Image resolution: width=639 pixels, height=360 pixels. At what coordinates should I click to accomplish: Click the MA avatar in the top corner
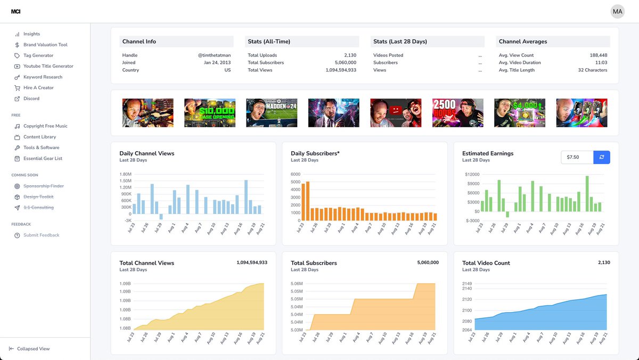[x=617, y=11]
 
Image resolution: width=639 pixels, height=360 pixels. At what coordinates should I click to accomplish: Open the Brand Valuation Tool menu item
[x=45, y=45]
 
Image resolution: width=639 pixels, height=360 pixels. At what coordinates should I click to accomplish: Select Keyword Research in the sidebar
[x=43, y=77]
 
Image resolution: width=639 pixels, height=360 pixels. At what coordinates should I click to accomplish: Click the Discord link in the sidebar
[x=31, y=99]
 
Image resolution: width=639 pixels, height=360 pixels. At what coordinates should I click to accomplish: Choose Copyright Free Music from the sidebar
[x=45, y=126]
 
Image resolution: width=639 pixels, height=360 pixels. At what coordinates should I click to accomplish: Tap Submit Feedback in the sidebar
[x=41, y=235]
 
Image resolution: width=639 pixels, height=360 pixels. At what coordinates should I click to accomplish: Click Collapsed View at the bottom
[x=33, y=349]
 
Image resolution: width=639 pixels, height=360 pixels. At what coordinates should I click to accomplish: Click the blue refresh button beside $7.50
[x=602, y=158]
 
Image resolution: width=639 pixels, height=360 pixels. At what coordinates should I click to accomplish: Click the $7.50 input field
[x=577, y=158]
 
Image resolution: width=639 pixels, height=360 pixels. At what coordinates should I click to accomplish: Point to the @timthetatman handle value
[x=214, y=55]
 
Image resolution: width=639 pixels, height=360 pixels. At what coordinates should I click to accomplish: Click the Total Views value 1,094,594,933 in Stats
[x=341, y=70]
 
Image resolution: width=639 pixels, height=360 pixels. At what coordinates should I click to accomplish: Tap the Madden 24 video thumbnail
[x=272, y=112]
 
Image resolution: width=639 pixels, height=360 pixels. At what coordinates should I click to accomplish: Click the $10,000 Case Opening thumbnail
[x=210, y=112]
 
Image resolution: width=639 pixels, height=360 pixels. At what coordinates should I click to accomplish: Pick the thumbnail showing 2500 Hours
[x=457, y=112]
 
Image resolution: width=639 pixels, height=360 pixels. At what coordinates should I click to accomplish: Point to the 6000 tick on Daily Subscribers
[x=296, y=174]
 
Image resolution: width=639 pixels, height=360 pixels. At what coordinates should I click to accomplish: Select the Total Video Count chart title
[x=486, y=263]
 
